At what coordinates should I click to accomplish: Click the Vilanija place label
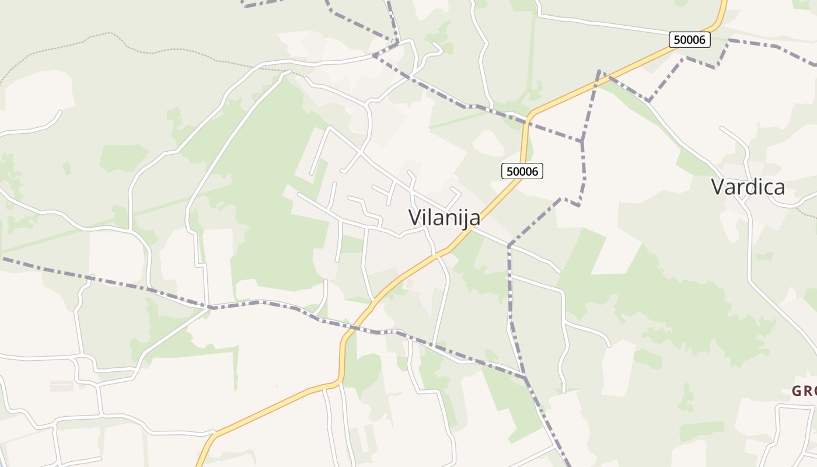[444, 218]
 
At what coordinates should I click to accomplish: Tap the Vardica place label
[748, 187]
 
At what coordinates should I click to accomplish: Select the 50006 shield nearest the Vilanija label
[522, 171]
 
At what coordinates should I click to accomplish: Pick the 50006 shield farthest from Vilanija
[689, 40]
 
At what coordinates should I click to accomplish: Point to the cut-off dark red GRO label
[805, 391]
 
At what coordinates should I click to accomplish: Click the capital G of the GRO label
[797, 391]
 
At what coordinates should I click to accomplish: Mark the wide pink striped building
[62, 386]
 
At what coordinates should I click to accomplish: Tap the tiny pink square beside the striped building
[82, 386]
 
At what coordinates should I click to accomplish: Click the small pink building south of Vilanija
[409, 284]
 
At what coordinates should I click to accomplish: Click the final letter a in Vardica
[779, 187]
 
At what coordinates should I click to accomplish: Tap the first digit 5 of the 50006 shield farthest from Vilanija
[676, 40]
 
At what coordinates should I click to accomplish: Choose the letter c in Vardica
[768, 187]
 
